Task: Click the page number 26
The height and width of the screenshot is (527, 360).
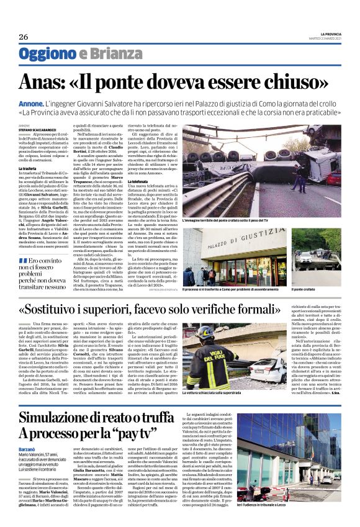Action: point(24,37)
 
